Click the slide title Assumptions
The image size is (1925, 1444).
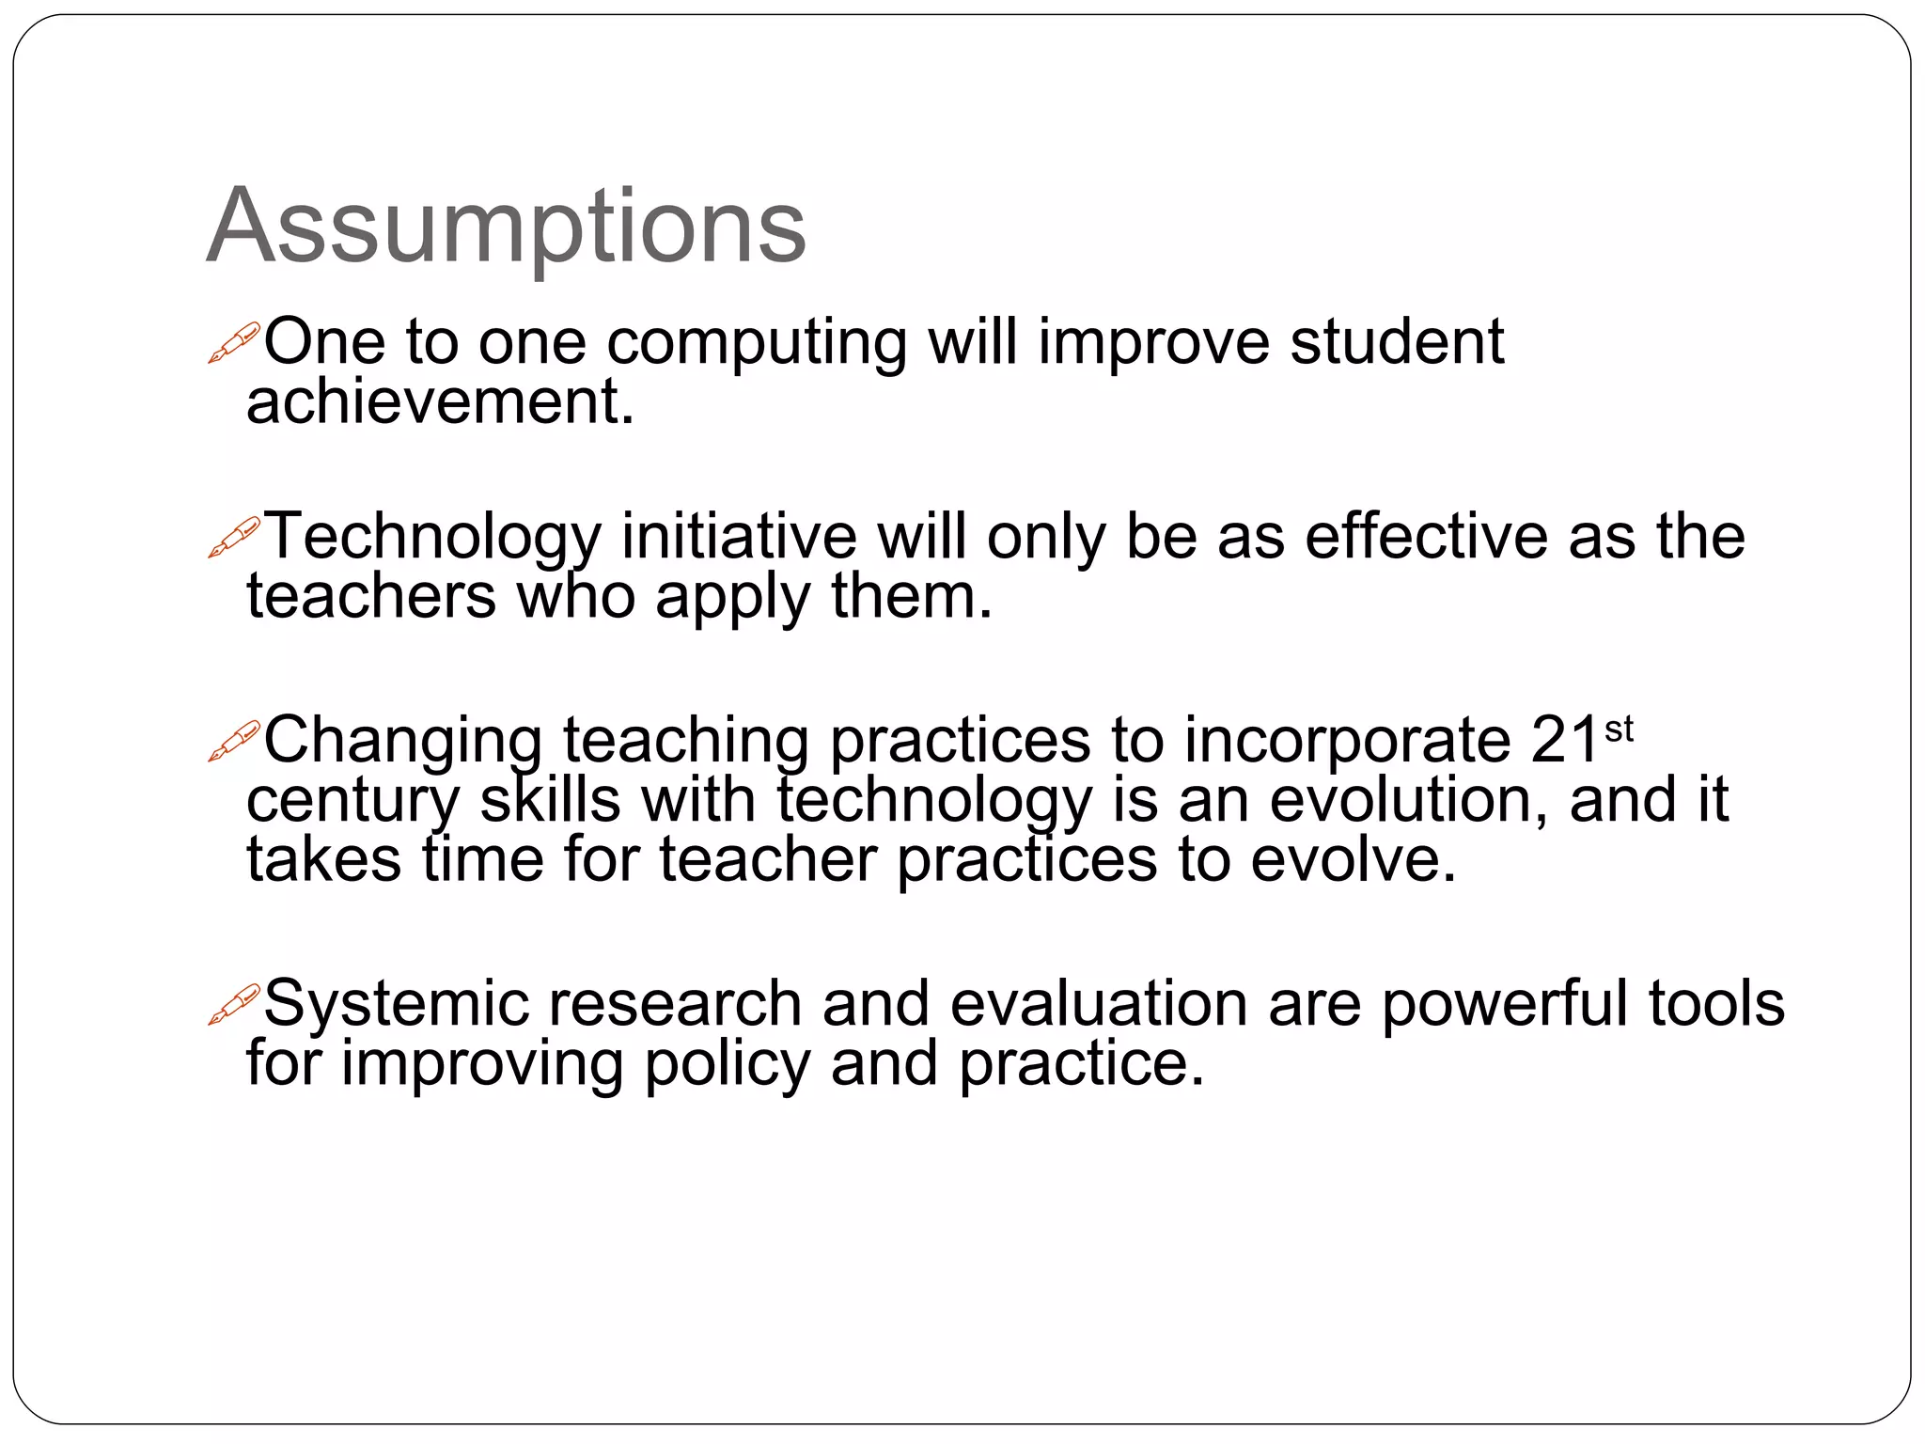coord(506,228)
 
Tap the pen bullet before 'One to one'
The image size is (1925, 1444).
coord(233,342)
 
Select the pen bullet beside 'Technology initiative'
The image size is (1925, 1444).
coord(233,537)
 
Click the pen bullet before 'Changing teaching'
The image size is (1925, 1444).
coord(233,741)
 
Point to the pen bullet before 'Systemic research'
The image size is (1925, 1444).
coord(233,1004)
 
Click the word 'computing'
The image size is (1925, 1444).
coord(757,342)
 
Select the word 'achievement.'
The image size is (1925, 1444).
coord(440,402)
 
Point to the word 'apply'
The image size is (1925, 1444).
coord(732,598)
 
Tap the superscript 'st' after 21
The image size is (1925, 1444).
coord(1619,729)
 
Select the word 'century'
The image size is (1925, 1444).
coord(352,801)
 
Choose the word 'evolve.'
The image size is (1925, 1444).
coord(1353,859)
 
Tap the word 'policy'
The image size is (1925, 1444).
coord(726,1064)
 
